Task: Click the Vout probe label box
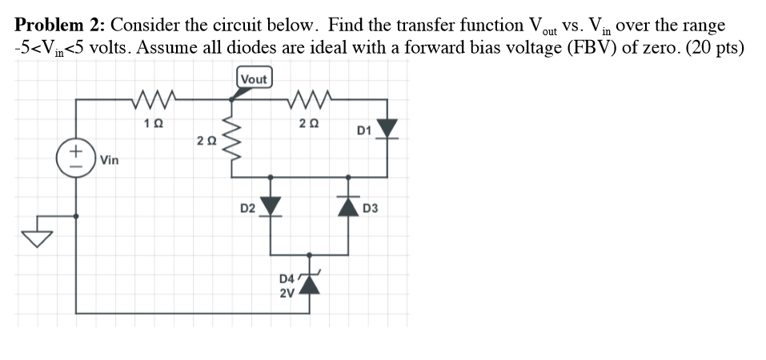(255, 78)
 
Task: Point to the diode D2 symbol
(271, 207)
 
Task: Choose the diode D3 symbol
(350, 207)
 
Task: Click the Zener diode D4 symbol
(311, 282)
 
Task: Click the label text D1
(363, 130)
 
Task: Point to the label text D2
(248, 209)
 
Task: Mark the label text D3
(370, 209)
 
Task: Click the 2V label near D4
(287, 292)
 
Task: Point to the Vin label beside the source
(110, 160)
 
